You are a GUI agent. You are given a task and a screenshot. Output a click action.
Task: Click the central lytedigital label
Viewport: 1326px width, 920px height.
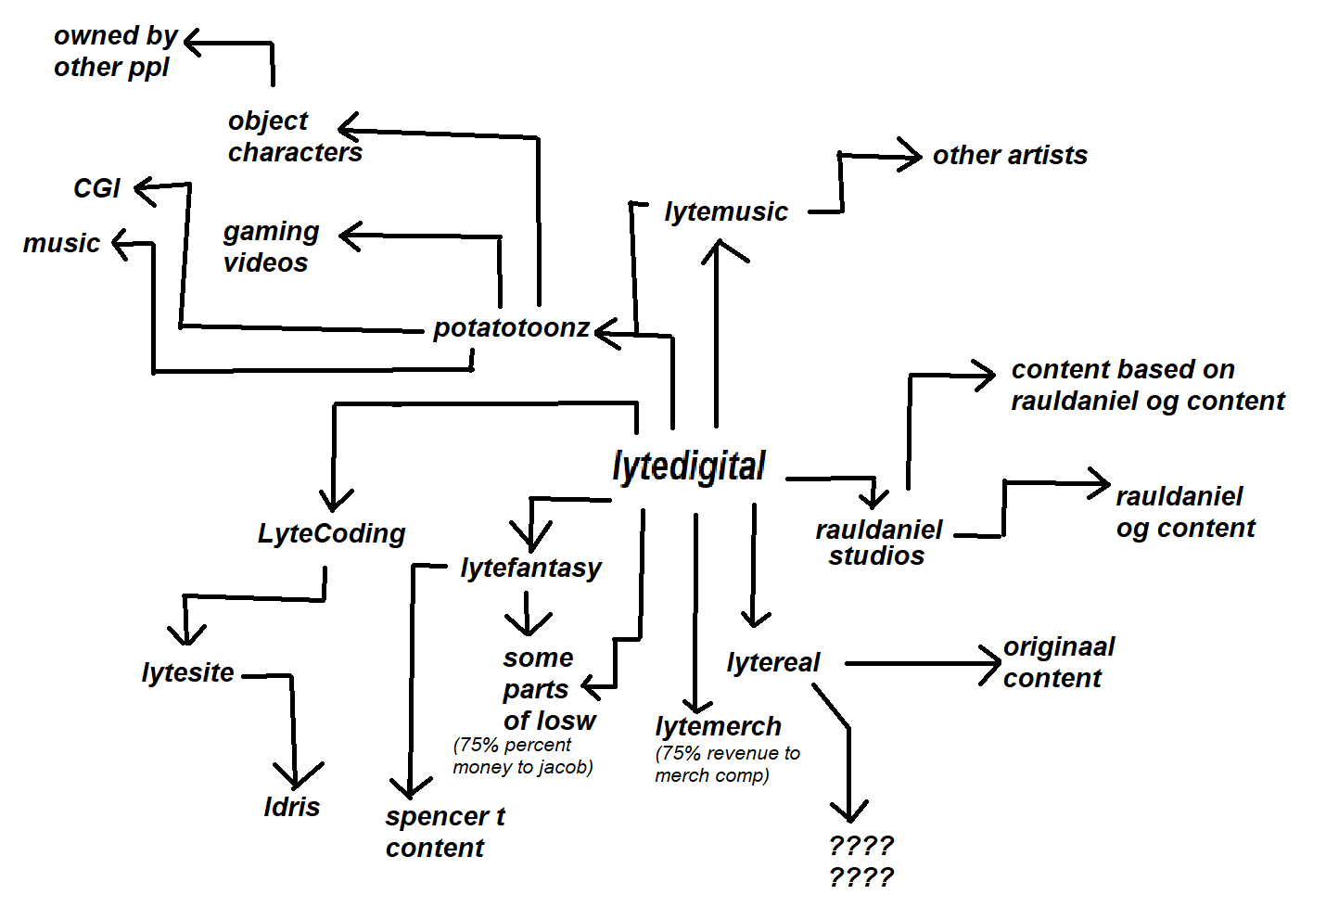tap(689, 466)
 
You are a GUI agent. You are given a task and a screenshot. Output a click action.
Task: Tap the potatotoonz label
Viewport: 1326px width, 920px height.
tap(511, 327)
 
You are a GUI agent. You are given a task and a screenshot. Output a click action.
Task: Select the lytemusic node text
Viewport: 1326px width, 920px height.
tap(726, 211)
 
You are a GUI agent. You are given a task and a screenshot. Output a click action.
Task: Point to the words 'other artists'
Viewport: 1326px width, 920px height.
tap(1010, 155)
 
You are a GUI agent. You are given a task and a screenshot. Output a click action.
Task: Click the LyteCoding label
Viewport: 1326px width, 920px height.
tap(331, 533)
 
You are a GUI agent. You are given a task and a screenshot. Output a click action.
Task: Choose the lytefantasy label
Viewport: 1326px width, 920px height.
tap(530, 567)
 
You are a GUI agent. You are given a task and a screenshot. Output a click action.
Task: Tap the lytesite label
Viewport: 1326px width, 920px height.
tap(187, 672)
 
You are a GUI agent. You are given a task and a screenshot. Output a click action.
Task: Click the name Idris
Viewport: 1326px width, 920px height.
tap(292, 807)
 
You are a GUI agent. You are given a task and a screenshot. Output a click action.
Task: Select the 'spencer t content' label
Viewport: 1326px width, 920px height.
tap(444, 832)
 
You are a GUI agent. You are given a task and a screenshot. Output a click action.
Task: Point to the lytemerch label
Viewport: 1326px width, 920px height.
tap(718, 726)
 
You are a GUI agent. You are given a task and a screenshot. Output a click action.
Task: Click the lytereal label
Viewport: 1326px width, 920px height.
tap(773, 662)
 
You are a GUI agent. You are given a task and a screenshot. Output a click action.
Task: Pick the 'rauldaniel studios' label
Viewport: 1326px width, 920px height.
tap(878, 543)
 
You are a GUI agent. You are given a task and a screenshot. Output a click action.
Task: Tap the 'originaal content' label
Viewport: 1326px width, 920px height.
tap(1058, 662)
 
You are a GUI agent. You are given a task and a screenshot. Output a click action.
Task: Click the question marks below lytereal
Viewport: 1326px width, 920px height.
tap(861, 862)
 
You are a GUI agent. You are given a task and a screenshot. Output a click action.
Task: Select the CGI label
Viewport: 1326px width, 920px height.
tap(96, 188)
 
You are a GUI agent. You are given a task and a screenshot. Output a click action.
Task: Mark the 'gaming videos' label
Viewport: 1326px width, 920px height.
tap(271, 247)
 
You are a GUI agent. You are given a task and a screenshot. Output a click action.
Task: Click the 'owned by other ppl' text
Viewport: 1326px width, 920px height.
tap(115, 51)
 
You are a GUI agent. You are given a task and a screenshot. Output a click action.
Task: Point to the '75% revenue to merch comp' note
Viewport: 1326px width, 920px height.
tap(727, 764)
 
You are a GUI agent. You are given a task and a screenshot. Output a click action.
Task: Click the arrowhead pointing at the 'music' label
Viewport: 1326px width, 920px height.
tap(119, 244)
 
